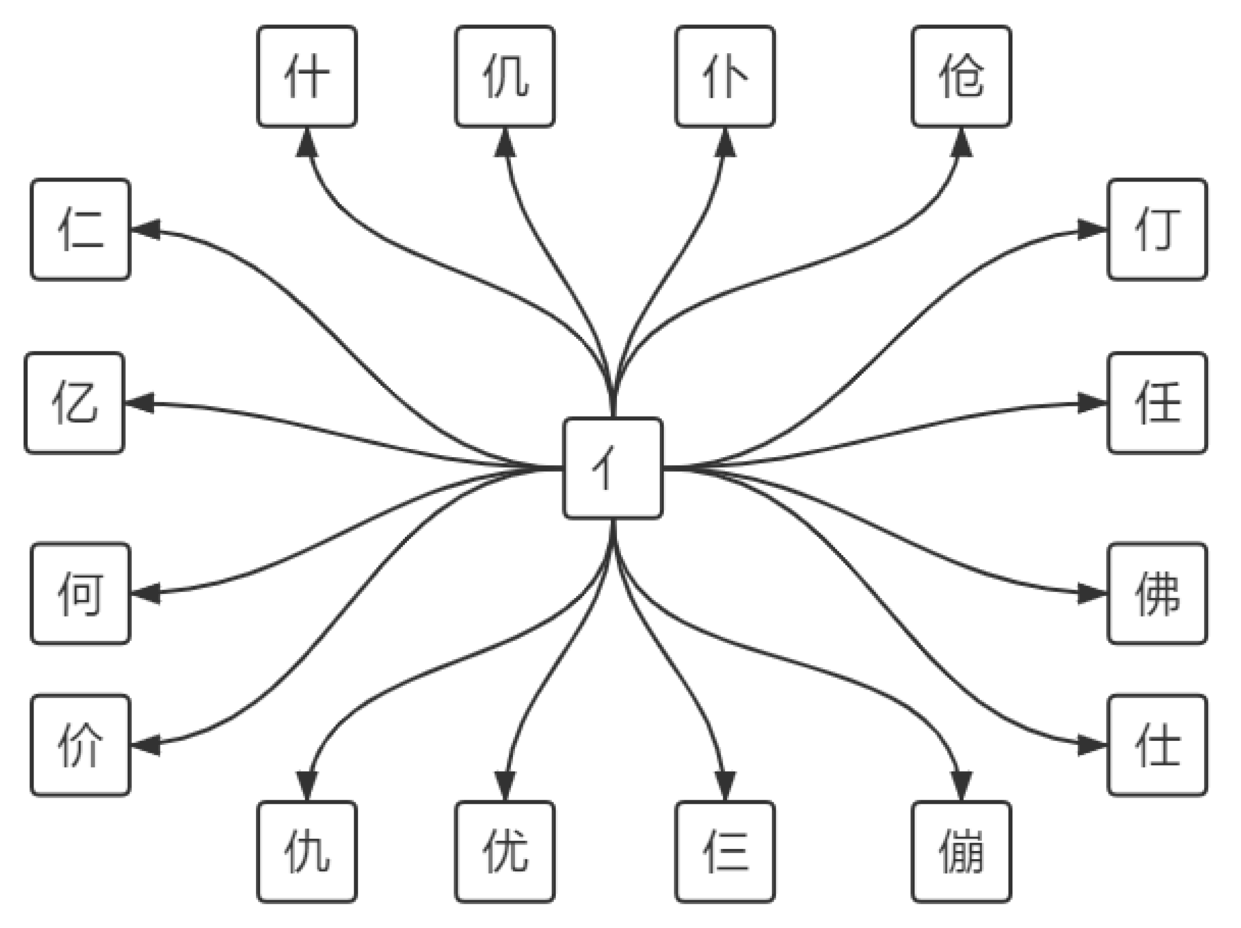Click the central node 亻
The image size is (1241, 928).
coord(613,468)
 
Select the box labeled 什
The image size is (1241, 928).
coord(307,77)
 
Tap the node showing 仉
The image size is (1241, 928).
coord(505,77)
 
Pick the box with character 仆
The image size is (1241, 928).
coord(725,77)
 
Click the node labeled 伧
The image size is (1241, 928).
coord(961,77)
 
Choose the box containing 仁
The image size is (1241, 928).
coord(80,229)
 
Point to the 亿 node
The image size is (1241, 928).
coord(74,402)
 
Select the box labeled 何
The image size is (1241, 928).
coord(80,593)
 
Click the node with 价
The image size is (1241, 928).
coord(80,745)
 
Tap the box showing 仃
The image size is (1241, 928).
coord(1157,229)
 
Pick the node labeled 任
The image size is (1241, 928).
coord(1157,402)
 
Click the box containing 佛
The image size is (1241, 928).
coord(1157,593)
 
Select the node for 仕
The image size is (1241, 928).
coord(1157,745)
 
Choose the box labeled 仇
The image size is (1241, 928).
coord(307,851)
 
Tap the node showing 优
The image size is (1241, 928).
coord(505,851)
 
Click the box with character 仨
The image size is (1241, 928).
coord(725,851)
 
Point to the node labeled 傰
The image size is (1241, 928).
coord(961,851)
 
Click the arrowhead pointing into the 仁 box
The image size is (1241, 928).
coord(145,229)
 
